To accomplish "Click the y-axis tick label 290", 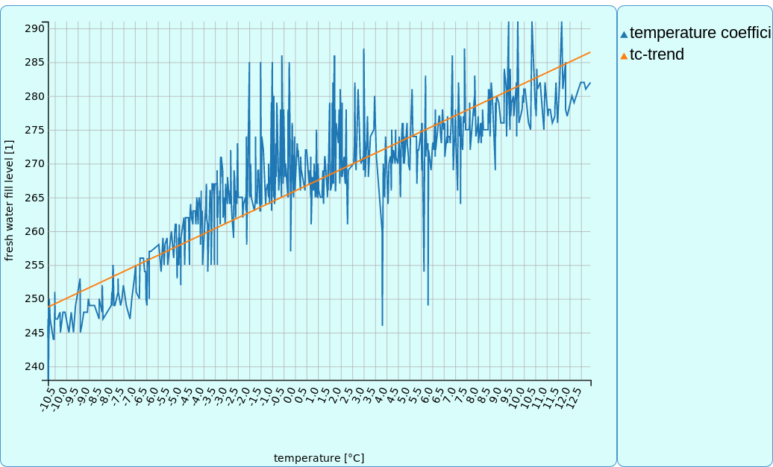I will [x=34, y=28].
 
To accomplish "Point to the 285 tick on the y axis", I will [x=34, y=63].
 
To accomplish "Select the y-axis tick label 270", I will [x=34, y=163].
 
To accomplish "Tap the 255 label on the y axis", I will [x=34, y=265].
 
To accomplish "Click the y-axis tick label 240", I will [x=34, y=366].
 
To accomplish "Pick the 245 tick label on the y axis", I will [x=34, y=332].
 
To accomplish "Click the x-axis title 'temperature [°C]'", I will [x=319, y=458].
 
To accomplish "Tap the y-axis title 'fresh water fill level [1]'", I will [x=9, y=200].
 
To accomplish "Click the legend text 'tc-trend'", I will [x=657, y=54].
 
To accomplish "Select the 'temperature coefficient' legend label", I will [x=700, y=33].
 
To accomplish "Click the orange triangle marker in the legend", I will [x=624, y=56].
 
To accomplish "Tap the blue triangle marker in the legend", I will [x=624, y=34].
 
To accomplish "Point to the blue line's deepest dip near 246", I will [x=383, y=325].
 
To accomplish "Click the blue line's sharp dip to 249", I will [x=428, y=304].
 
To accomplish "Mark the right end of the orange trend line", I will [x=590, y=52].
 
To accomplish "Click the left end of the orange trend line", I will [x=48, y=307].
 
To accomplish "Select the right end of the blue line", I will [x=590, y=83].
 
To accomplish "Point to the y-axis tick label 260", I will [x=34, y=231].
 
